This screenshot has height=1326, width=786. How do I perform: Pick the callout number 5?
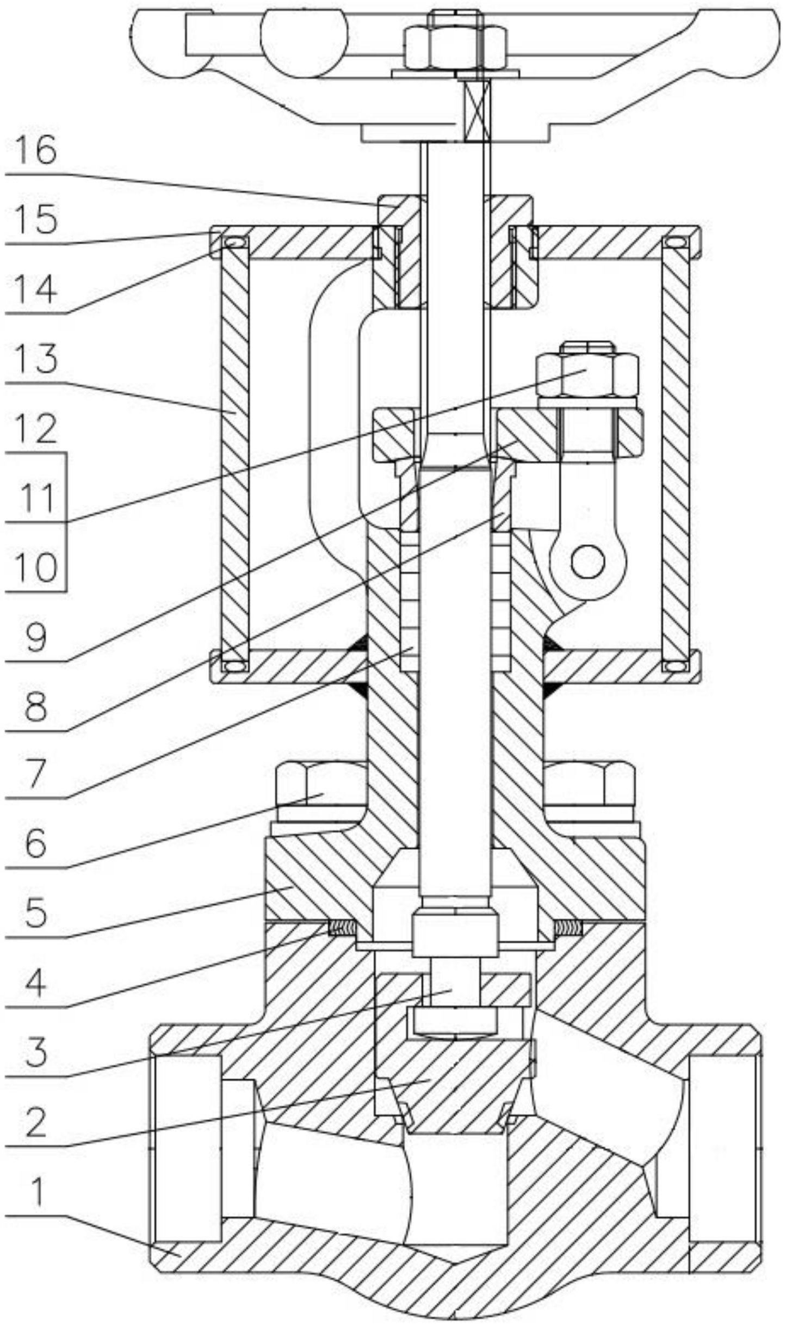click(36, 912)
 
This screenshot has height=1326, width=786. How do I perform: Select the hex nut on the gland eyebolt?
click(586, 374)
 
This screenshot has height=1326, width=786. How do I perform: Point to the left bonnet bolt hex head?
click(321, 783)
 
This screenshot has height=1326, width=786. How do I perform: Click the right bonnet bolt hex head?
click(590, 783)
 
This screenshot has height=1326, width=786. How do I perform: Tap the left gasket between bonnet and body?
click(342, 926)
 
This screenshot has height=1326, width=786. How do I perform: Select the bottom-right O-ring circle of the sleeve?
click(675, 665)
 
